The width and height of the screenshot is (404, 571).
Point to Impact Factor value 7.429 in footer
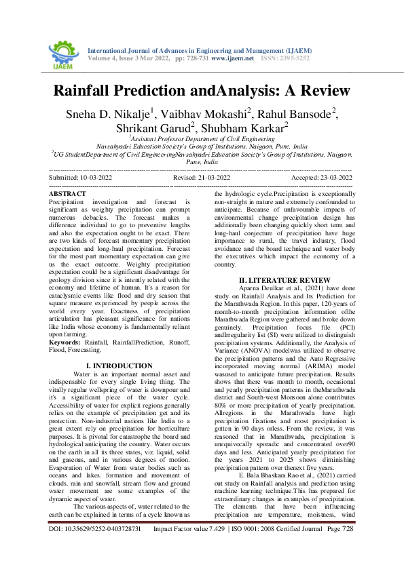190,547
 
